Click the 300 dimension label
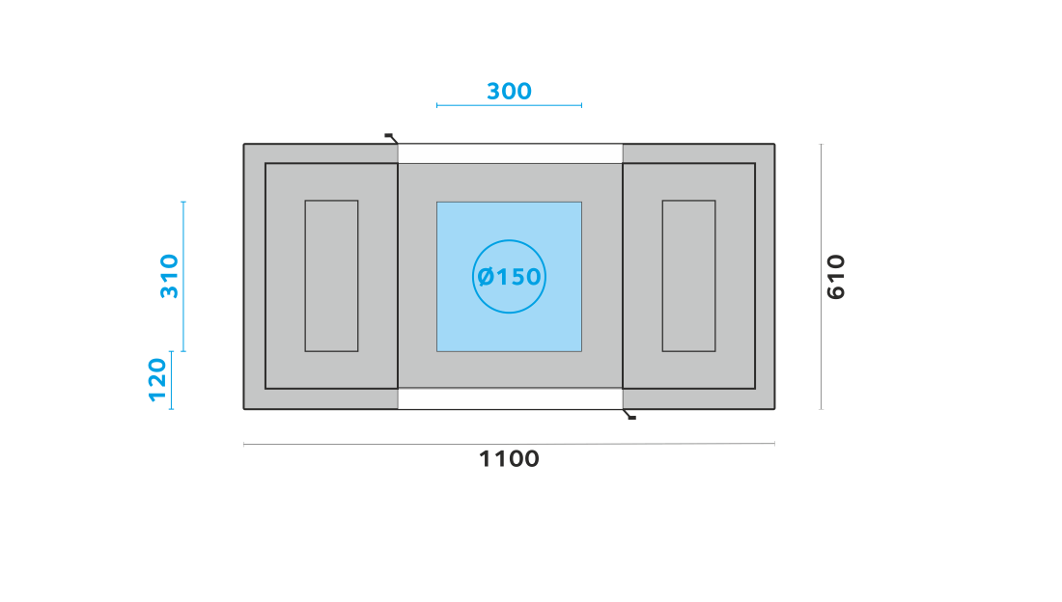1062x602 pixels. pos(509,91)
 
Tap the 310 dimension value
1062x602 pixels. pos(169,276)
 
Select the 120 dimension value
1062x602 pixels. pos(157,380)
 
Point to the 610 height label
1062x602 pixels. pos(836,276)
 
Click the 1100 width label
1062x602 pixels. pos(509,459)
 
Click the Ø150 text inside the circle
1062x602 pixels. pos(509,276)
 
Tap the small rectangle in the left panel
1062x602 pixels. pos(331,276)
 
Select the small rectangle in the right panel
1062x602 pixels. pos(688,276)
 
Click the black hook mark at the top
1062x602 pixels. pos(391,138)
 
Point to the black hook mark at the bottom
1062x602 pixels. pos(629,415)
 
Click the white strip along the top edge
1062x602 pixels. pos(510,153)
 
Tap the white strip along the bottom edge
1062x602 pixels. pos(510,398)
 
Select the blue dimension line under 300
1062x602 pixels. pos(510,105)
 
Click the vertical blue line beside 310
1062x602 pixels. pos(183,276)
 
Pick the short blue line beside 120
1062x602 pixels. pos(171,380)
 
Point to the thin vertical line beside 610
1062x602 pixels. pos(821,276)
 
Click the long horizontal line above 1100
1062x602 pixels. pos(510,444)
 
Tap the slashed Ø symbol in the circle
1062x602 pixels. pos(486,276)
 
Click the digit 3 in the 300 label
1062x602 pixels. pos(494,91)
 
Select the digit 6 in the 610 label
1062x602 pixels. pos(836,292)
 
